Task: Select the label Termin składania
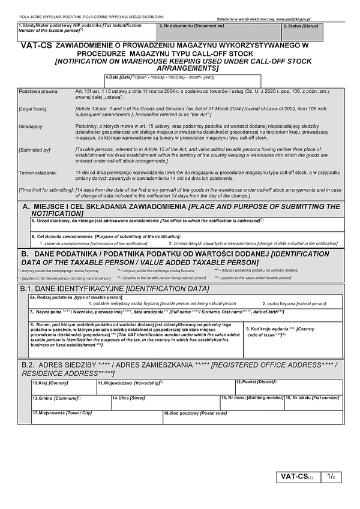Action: pyautogui.click(x=38, y=173)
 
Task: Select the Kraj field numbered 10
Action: pyautogui.click(x=63, y=387)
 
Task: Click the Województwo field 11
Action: pyautogui.click(x=165, y=387)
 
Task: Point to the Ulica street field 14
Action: pyautogui.click(x=165, y=402)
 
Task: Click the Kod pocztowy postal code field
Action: pyautogui.click(x=253, y=417)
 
